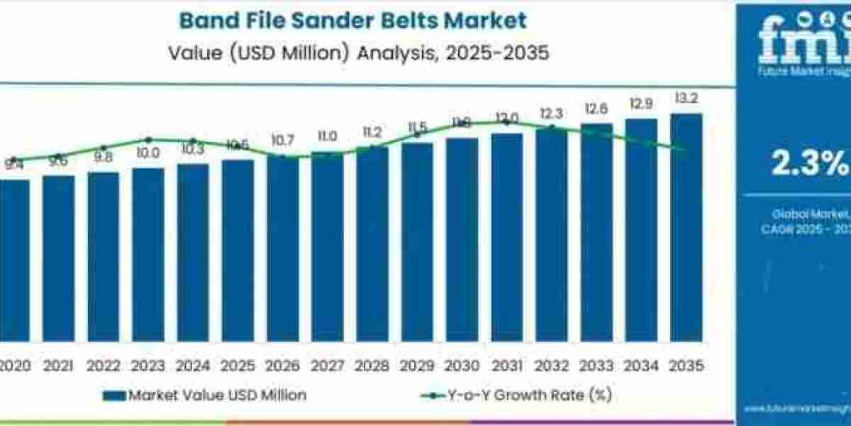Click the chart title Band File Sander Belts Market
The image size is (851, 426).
coord(352,20)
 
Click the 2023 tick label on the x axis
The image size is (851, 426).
coord(148,366)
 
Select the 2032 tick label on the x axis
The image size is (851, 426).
coord(552,366)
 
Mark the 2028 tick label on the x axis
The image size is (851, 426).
coord(372,366)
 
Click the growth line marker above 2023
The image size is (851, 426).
coord(148,139)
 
